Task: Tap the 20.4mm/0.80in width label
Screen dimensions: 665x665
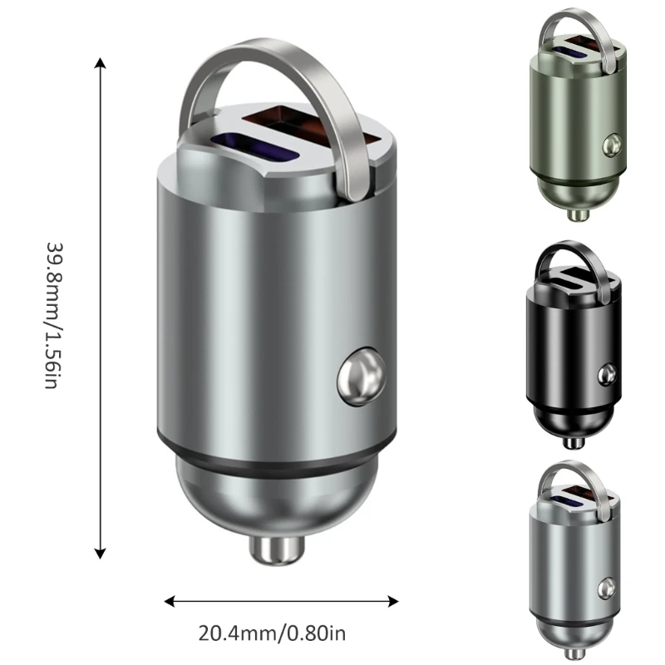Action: point(272,633)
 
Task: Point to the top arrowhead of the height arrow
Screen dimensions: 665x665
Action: point(101,63)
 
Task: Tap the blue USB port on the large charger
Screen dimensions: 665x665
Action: point(249,145)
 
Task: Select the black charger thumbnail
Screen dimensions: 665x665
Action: point(574,345)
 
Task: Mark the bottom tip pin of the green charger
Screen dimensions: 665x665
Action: point(577,214)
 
